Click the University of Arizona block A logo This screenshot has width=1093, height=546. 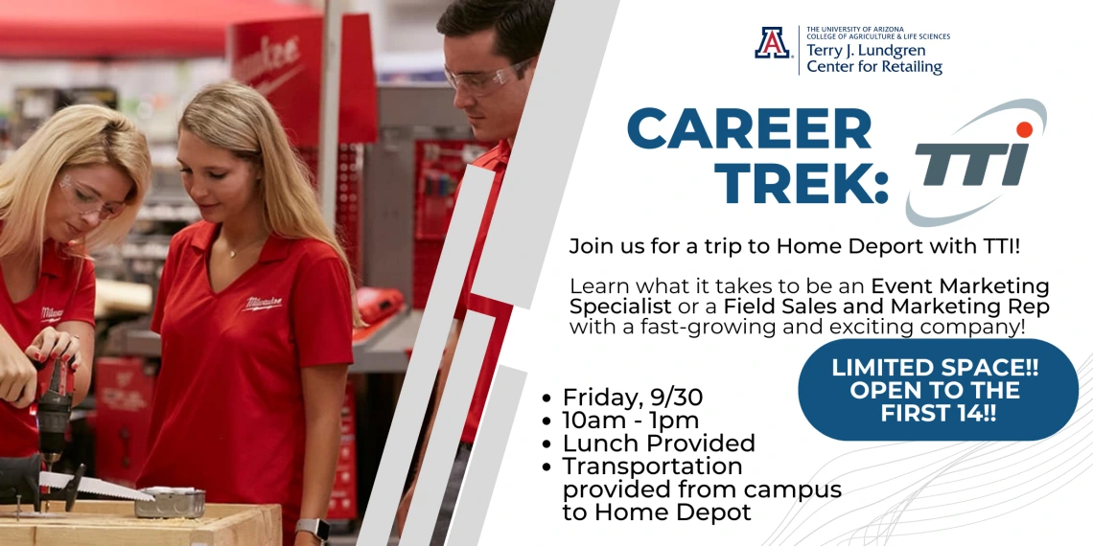pyautogui.click(x=773, y=42)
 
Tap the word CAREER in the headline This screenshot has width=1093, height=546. pyautogui.click(x=750, y=128)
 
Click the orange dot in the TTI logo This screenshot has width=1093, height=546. pyautogui.click(x=1024, y=129)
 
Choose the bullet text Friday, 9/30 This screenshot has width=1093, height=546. pyautogui.click(x=632, y=398)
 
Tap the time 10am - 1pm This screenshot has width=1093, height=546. pyautogui.click(x=630, y=421)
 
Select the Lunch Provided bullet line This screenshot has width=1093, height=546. pyautogui.click(x=659, y=443)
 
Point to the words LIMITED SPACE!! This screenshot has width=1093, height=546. pyautogui.click(x=935, y=367)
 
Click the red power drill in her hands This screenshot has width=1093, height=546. pyautogui.click(x=54, y=405)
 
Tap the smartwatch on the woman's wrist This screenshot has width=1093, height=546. pyautogui.click(x=312, y=530)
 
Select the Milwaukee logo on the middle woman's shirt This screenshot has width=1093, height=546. pyautogui.click(x=262, y=304)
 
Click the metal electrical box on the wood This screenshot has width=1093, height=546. pyautogui.click(x=170, y=502)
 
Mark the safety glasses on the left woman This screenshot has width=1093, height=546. pyautogui.click(x=92, y=197)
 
